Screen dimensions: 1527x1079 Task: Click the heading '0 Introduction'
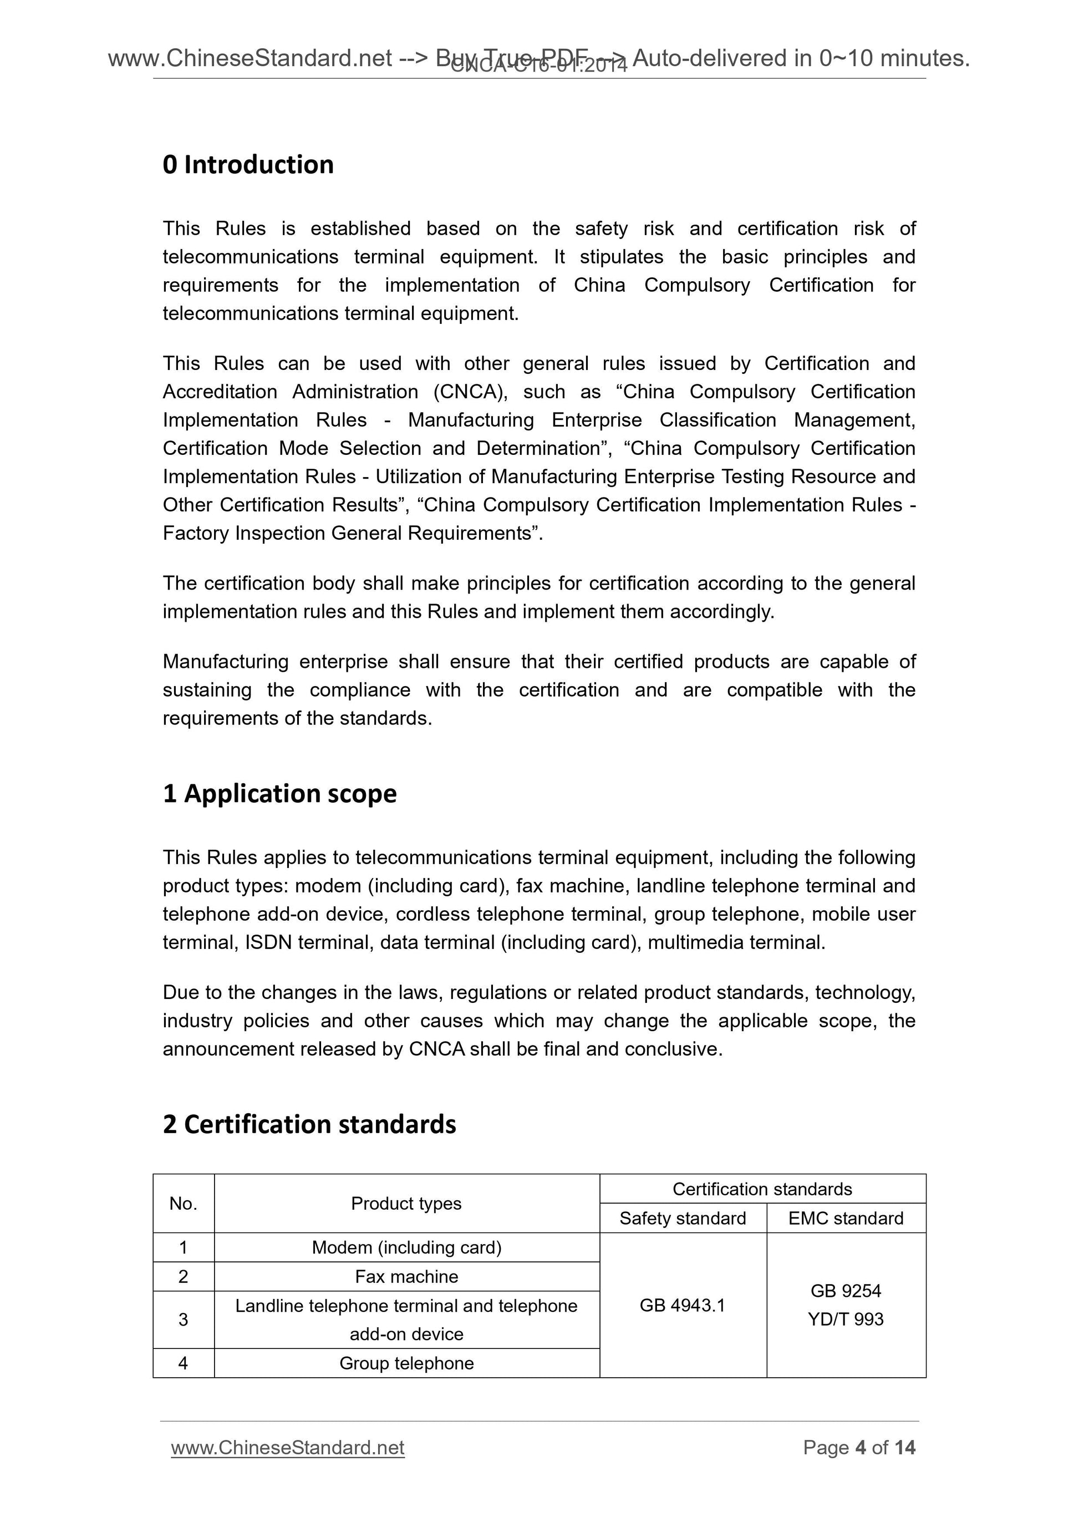tap(248, 165)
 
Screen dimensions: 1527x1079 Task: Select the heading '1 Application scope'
tap(279, 793)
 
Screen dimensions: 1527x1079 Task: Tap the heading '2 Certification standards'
tap(309, 1124)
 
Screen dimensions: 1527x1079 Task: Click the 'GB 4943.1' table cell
tap(682, 1305)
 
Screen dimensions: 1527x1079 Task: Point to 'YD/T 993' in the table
tap(845, 1319)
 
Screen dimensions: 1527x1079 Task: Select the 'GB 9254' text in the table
tap(845, 1290)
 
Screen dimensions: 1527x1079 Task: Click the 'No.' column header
tap(183, 1203)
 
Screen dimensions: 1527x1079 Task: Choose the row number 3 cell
tap(183, 1319)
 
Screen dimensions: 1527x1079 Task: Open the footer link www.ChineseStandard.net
tap(287, 1447)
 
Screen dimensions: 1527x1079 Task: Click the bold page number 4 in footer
tap(861, 1447)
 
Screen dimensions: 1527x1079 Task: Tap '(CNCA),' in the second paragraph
tap(470, 392)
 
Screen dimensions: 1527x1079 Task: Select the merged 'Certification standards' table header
tap(762, 1189)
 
